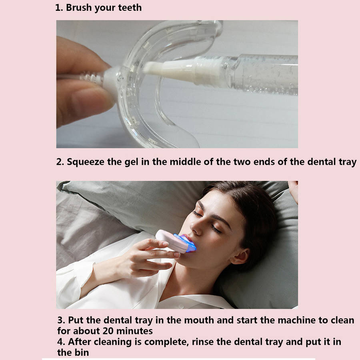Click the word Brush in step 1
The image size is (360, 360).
tap(79, 8)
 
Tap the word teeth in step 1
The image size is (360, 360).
tap(130, 8)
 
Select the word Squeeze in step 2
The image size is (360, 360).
tap(86, 162)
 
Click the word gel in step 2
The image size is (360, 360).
tap(131, 162)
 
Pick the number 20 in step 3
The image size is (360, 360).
tap(108, 331)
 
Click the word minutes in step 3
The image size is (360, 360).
tap(134, 331)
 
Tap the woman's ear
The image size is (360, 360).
tap(240, 256)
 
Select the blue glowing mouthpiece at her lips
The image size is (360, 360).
tap(186, 243)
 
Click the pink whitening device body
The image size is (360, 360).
tap(171, 241)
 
